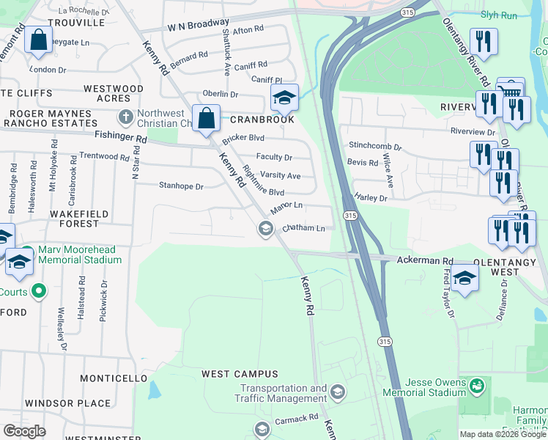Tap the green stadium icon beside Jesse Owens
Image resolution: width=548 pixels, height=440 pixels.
(477, 384)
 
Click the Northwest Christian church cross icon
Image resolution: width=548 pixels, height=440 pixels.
(126, 117)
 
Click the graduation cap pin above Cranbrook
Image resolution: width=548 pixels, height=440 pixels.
(284, 96)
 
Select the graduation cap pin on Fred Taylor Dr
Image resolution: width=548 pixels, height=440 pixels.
(464, 278)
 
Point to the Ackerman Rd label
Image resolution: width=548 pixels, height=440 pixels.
(425, 260)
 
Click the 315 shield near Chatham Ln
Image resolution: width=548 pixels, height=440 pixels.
(349, 215)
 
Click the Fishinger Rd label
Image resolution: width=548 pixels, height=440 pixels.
(121, 138)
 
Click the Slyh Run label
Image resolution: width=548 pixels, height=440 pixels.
(499, 15)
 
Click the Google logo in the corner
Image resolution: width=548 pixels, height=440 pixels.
(24, 431)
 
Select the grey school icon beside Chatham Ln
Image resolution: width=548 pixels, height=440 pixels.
(265, 230)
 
